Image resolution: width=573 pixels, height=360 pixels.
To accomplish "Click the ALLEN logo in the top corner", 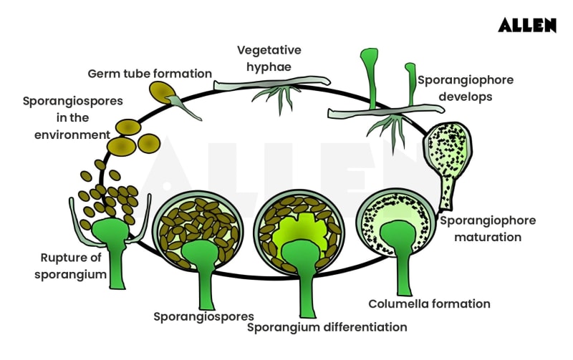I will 527,25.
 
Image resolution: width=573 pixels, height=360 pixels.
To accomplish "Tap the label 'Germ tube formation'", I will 150,74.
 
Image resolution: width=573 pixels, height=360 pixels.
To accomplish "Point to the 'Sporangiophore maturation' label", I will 487,229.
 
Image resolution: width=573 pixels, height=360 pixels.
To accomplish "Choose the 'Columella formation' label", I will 429,303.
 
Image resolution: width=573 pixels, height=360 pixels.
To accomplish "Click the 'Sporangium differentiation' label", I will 327,327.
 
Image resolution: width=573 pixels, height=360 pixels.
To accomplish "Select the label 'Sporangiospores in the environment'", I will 65,117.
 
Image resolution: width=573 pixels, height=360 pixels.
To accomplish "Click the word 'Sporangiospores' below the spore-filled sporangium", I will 203,316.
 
